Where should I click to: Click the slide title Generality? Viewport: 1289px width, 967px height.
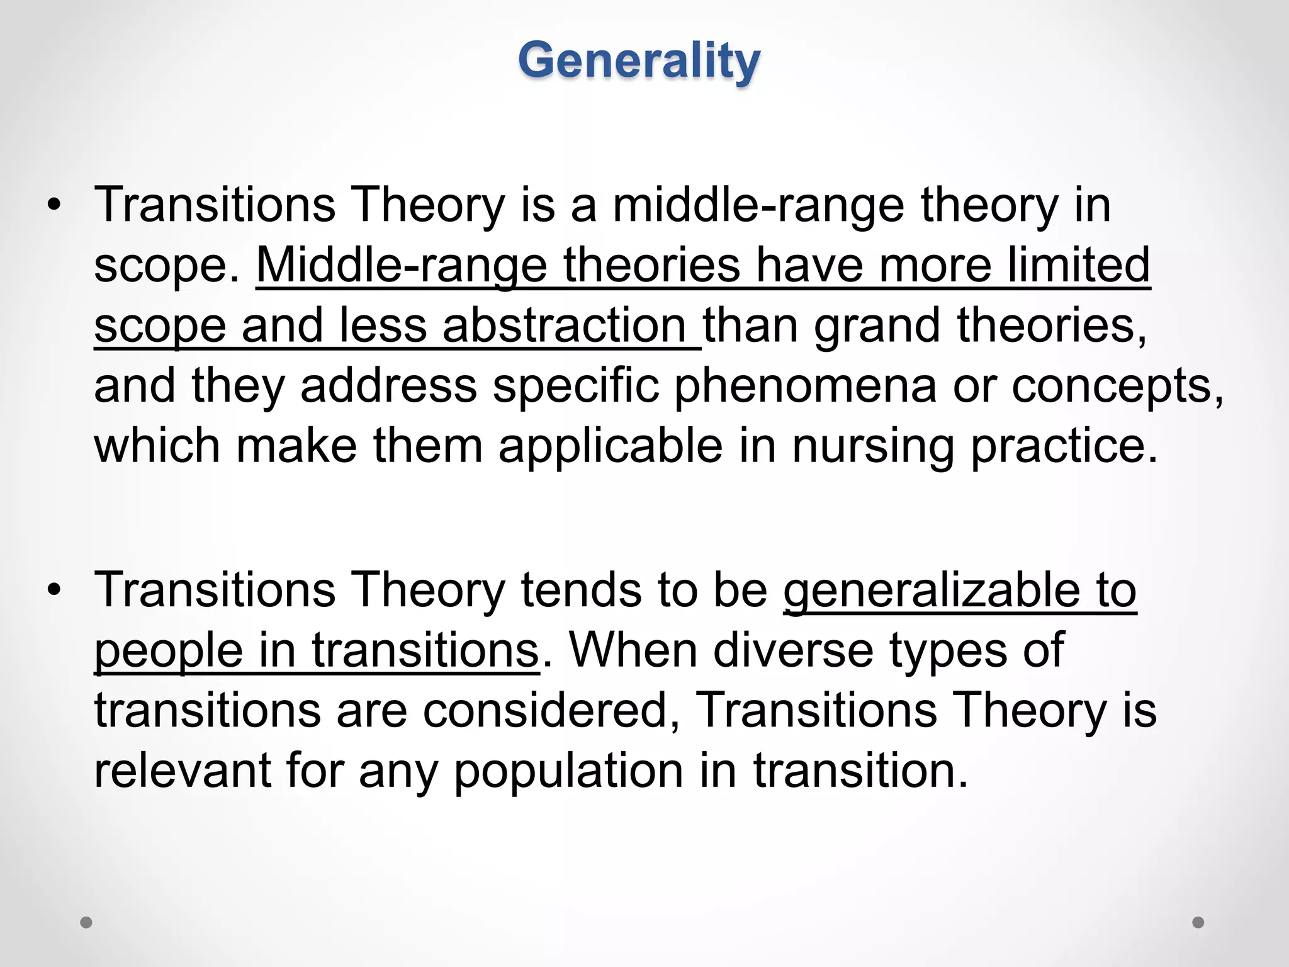[639, 61]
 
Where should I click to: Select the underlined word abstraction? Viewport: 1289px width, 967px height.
[564, 326]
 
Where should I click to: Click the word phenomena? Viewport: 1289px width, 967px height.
[805, 385]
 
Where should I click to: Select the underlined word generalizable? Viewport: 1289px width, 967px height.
[932, 591]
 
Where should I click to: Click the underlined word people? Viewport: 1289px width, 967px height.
[169, 651]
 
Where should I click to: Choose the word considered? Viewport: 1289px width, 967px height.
[551, 710]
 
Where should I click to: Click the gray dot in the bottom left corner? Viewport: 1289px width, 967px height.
[86, 922]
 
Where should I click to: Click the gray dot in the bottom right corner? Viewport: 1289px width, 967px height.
[1198, 922]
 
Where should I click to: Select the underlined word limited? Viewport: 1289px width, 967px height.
[1079, 265]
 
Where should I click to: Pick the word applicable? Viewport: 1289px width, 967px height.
[611, 446]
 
